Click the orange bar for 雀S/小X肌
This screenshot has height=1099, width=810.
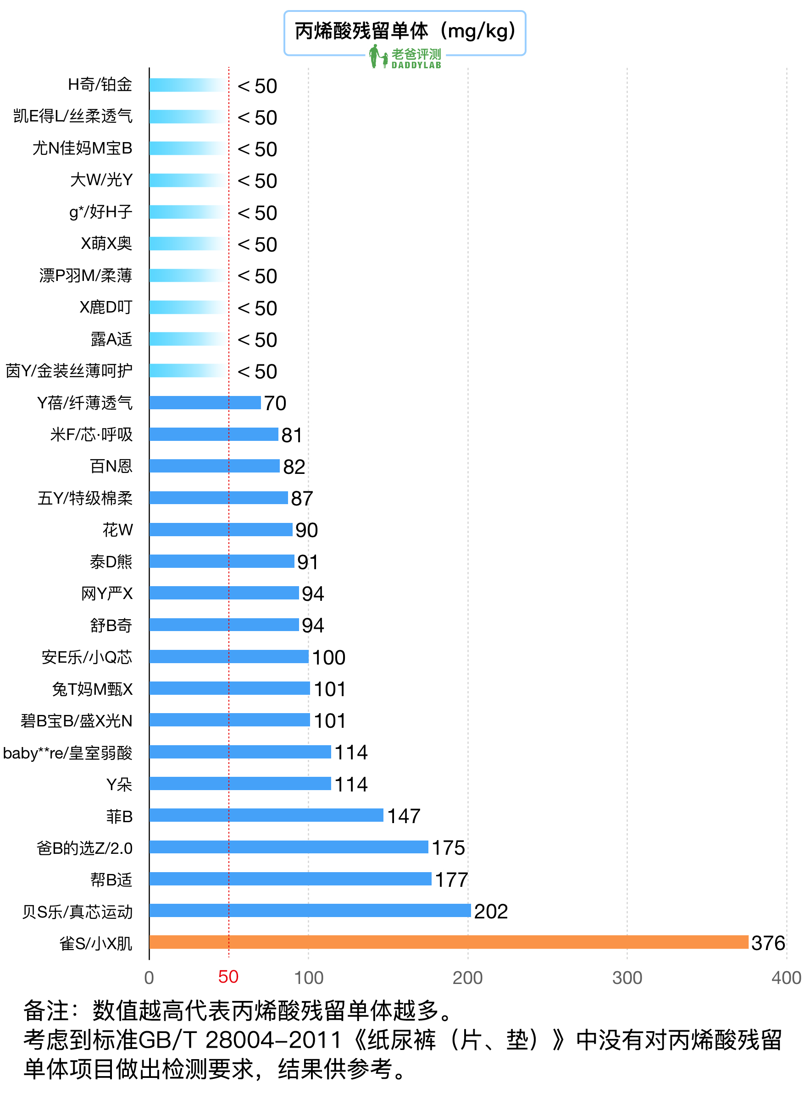(x=449, y=942)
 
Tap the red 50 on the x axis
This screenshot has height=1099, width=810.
(x=228, y=977)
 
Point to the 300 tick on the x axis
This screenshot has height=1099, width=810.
(x=627, y=978)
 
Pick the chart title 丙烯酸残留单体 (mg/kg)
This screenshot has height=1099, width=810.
(x=405, y=31)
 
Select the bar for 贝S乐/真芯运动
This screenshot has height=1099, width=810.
(x=310, y=910)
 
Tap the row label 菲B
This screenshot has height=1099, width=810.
(x=120, y=816)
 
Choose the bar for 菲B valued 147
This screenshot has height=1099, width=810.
(x=266, y=815)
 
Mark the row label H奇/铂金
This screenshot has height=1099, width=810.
(x=100, y=85)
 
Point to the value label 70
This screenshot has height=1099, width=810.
(x=275, y=403)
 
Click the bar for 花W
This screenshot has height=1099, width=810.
(x=221, y=530)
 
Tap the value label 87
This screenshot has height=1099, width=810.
(x=301, y=499)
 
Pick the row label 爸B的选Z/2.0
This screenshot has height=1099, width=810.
(x=84, y=848)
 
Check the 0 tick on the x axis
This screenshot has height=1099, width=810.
(x=149, y=978)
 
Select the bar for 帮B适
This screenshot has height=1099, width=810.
(x=290, y=879)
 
